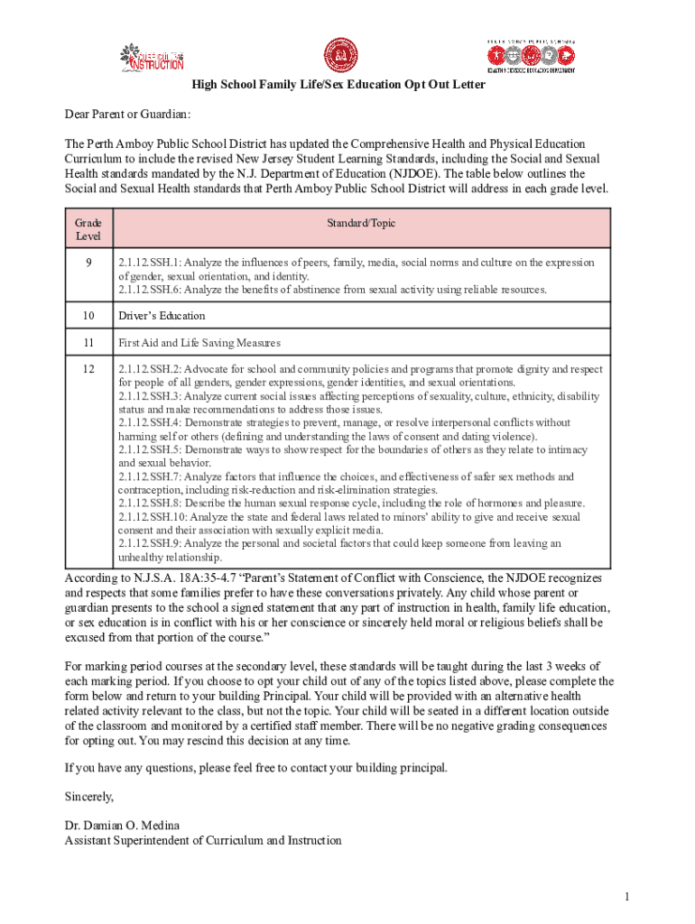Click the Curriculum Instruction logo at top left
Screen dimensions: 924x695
pyautogui.click(x=153, y=57)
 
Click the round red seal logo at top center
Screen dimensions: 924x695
pyautogui.click(x=341, y=56)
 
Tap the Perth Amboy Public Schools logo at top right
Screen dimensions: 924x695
pyautogui.click(x=531, y=56)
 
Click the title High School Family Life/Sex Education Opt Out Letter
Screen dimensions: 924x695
pyautogui.click(x=338, y=85)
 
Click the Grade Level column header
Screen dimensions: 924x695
pyautogui.click(x=88, y=229)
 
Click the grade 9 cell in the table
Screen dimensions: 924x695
pyautogui.click(x=88, y=263)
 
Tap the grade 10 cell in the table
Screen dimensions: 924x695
pyautogui.click(x=88, y=316)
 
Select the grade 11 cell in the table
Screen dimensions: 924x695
pyautogui.click(x=88, y=343)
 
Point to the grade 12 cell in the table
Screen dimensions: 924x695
pyautogui.click(x=88, y=370)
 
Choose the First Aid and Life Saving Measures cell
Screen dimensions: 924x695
pyautogui.click(x=199, y=343)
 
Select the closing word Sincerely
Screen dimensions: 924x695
pyautogui.click(x=89, y=797)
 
